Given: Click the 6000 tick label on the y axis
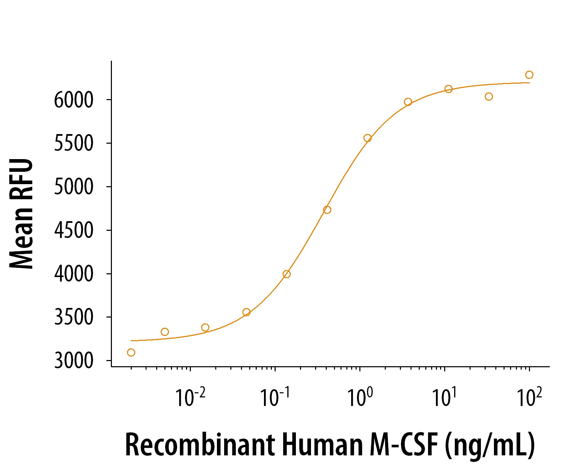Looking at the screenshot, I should click(73, 100).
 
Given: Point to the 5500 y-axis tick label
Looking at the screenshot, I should click(73, 143).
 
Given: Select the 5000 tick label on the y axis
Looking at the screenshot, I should click(73, 187).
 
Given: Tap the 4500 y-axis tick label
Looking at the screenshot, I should click(73, 230).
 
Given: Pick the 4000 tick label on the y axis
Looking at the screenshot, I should click(73, 274).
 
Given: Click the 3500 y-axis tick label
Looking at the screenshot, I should click(73, 317).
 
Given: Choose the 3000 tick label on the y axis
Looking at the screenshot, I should click(73, 361).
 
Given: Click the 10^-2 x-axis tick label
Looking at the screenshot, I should click(190, 397).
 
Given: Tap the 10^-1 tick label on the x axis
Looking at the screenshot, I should click(275, 397).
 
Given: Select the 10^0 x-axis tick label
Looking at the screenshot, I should click(360, 397).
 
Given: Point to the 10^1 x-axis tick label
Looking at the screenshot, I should click(444, 397).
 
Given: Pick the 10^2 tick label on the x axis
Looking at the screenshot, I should click(529, 397).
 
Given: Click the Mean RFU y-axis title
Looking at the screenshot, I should click(21, 214).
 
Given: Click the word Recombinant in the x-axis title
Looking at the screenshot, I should click(200, 445).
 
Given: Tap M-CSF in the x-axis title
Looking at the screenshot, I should click(404, 445).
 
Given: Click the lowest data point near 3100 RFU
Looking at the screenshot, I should click(131, 353).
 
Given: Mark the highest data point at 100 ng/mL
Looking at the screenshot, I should click(529, 75).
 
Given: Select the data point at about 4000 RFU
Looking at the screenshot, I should click(287, 274).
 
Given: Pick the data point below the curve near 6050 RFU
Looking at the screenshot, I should click(489, 97).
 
